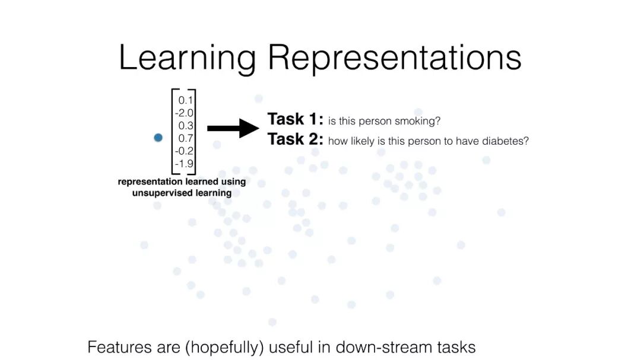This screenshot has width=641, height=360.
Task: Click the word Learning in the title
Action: pyautogui.click(x=187, y=58)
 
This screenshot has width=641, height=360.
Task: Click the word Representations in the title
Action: pyautogui.click(x=394, y=58)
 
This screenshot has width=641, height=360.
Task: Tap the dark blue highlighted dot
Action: pyautogui.click(x=158, y=138)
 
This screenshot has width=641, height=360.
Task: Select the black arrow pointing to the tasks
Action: pyautogui.click(x=233, y=128)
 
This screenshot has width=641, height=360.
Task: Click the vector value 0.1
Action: pyautogui.click(x=186, y=100)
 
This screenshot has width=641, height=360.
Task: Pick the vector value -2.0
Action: pyautogui.click(x=184, y=113)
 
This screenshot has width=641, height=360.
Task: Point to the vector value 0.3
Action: pyautogui.click(x=186, y=125)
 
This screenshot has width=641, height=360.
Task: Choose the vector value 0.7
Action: pyautogui.click(x=186, y=138)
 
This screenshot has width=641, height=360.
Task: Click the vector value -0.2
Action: pyautogui.click(x=184, y=151)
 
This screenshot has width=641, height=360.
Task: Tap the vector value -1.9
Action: pyautogui.click(x=184, y=164)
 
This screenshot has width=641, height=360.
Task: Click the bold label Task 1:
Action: pyautogui.click(x=295, y=119)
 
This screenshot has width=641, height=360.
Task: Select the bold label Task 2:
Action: pyautogui.click(x=295, y=139)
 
